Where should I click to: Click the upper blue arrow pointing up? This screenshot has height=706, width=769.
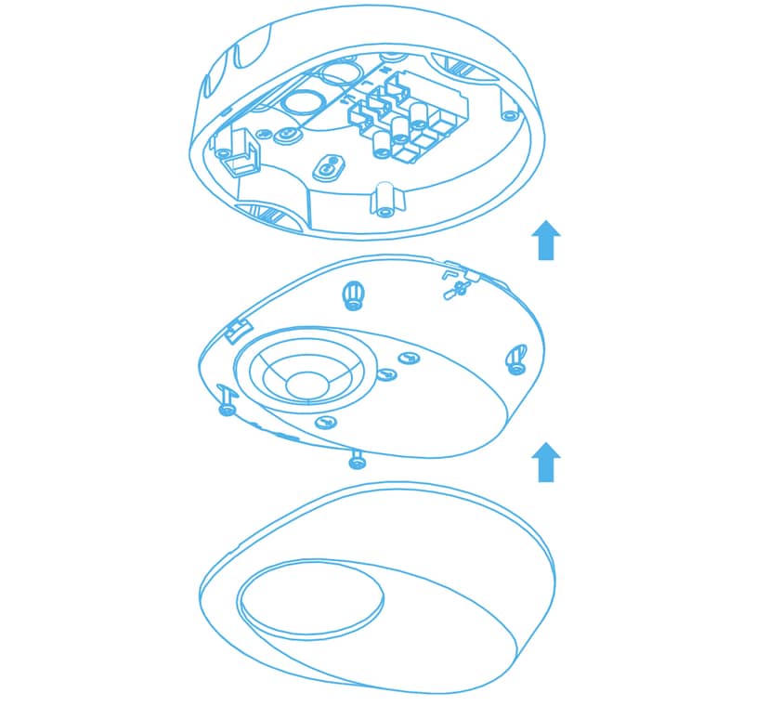pos(546,241)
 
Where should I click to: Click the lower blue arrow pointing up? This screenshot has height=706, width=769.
pos(546,462)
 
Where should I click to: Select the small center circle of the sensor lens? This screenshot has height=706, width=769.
pos(306,384)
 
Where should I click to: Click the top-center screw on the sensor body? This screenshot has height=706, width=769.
pos(353,295)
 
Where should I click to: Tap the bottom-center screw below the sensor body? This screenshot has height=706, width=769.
pos(356,459)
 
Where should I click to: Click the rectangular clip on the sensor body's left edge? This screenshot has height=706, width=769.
pos(240,328)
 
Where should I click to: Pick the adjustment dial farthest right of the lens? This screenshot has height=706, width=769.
pos(407,359)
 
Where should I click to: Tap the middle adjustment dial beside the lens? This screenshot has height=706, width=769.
pos(385,375)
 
